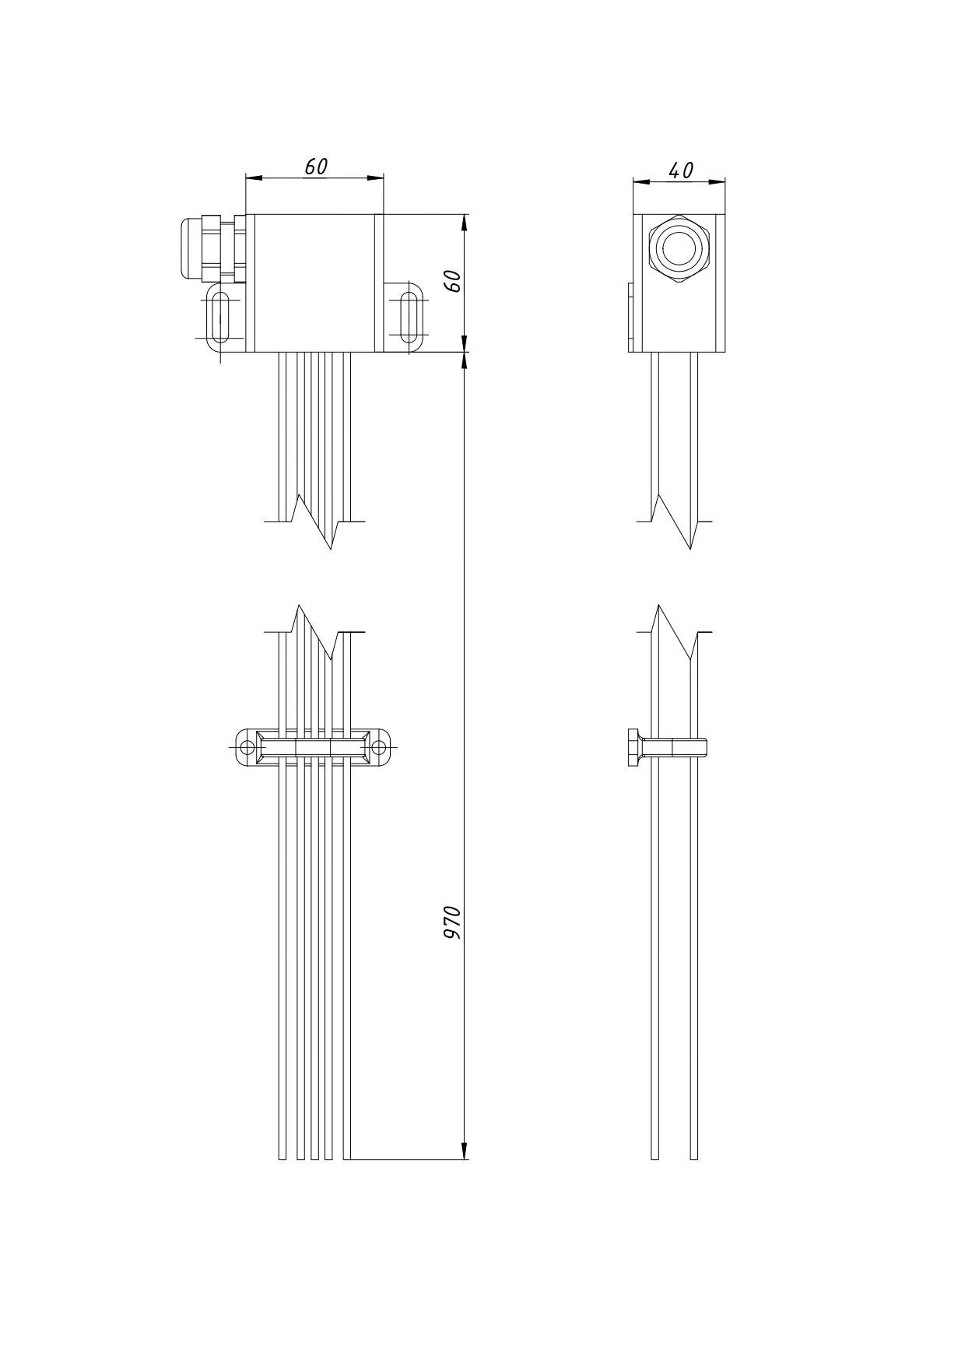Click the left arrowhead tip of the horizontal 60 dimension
246,178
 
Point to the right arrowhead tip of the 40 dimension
725,183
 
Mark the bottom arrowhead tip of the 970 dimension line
465,1159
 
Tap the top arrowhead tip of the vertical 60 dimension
465,214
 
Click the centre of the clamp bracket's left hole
247,748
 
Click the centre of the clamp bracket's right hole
378,748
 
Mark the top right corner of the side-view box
725,214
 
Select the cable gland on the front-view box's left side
213,248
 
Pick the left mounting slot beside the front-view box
220,318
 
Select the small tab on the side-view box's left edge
631,317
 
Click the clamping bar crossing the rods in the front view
313,748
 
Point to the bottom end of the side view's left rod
654,1159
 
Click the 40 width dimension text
681,170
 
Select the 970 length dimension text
452,922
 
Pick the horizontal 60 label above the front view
316,167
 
